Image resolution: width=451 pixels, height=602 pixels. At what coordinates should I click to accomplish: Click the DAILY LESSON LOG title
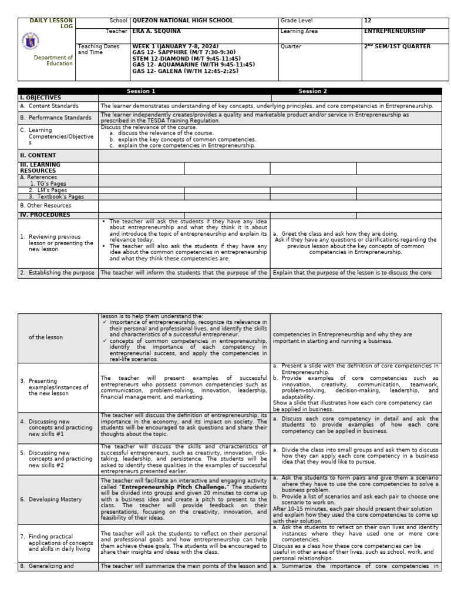pos(52,24)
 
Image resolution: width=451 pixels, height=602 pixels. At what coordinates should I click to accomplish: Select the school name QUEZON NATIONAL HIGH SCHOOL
pos(183,21)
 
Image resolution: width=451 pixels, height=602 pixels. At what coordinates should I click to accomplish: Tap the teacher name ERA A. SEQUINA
pos(157,31)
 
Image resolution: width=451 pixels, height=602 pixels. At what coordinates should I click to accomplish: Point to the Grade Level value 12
pos(368,21)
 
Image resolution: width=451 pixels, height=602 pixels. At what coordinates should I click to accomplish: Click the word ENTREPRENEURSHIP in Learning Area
pos(395,31)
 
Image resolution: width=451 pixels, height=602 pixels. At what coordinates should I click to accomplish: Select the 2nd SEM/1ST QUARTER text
pos(397,46)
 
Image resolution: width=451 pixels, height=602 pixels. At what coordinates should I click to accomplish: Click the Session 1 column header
pos(142,91)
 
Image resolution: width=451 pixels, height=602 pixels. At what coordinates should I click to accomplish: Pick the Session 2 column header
pos(313,91)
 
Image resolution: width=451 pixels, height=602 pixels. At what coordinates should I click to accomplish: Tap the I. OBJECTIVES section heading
pos(41,98)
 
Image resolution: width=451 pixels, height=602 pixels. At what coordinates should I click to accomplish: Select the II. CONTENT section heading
pos(38,156)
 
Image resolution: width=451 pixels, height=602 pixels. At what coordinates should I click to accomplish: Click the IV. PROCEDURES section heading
pos(45,215)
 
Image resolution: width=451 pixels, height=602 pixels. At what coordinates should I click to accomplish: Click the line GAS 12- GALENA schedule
pos(185,71)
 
